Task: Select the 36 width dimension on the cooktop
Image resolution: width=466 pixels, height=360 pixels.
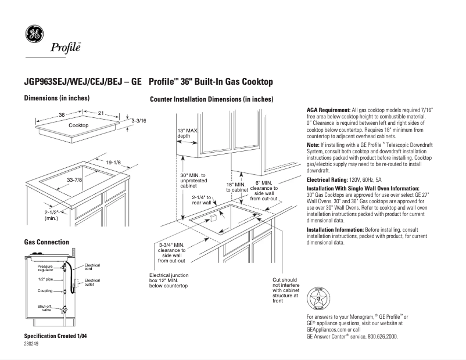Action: [x=62, y=115]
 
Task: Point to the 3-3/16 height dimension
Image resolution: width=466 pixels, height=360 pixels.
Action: [x=138, y=120]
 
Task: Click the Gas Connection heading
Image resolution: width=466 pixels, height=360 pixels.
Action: [x=46, y=242]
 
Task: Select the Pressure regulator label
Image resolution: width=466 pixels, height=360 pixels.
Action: [x=45, y=268]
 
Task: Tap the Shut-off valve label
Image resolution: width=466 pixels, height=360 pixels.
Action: [x=45, y=307]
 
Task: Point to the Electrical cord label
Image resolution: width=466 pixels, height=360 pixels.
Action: [x=92, y=267]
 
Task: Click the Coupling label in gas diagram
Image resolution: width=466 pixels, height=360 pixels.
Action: [x=46, y=291]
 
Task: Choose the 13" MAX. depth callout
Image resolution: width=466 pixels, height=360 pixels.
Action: [x=188, y=133]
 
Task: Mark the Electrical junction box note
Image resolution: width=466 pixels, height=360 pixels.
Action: [x=169, y=280]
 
